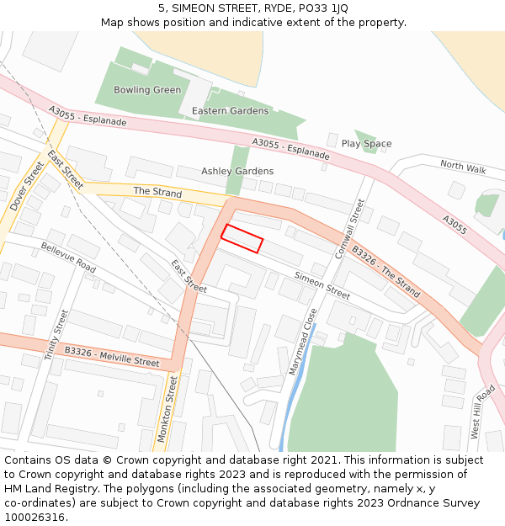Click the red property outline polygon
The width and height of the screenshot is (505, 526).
242,238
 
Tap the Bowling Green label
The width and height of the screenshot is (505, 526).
147,90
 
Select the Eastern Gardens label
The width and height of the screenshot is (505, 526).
230,111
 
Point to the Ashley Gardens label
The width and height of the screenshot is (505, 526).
237,171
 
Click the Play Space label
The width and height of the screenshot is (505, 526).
366,144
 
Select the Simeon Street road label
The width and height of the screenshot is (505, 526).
322,285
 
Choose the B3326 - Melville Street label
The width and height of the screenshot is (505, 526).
111,356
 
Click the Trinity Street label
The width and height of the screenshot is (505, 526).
56,335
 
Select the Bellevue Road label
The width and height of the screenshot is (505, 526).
68,258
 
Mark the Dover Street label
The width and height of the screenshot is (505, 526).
26,186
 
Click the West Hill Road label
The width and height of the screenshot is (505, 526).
482,412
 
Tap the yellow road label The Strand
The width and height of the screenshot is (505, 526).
157,192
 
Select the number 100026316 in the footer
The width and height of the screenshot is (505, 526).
35,517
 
